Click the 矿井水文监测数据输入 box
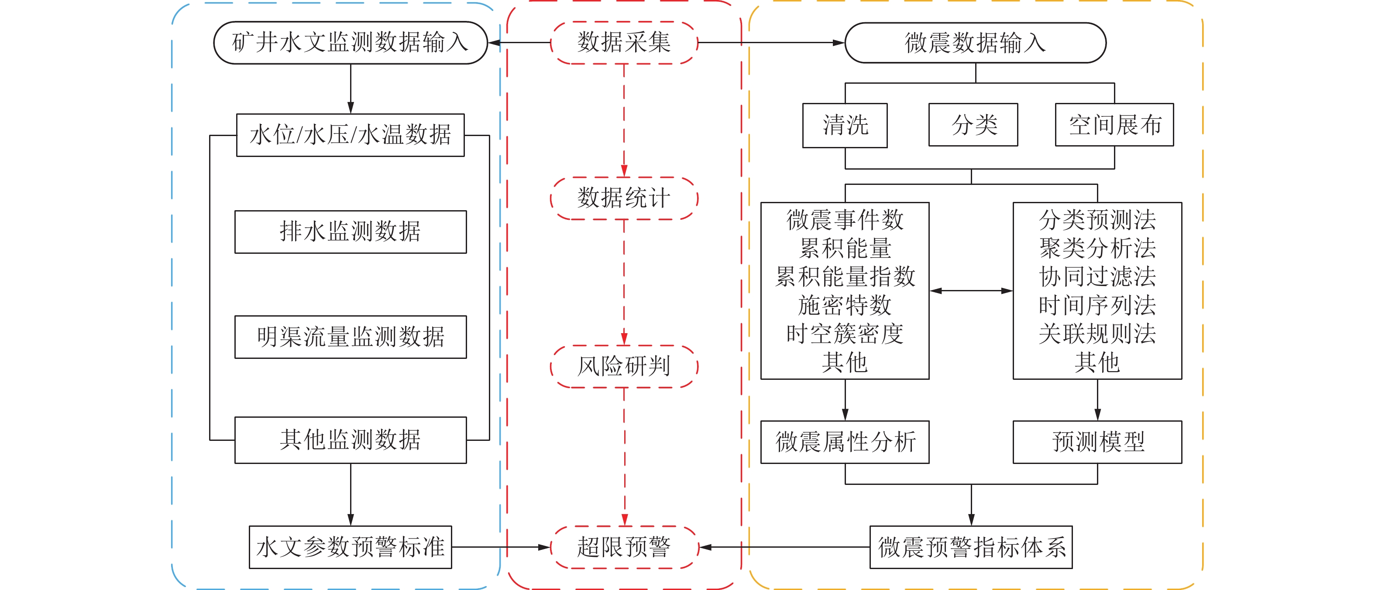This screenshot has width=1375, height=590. click(x=350, y=43)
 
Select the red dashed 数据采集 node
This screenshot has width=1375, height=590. click(x=623, y=43)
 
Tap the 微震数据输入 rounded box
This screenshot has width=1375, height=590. click(x=975, y=43)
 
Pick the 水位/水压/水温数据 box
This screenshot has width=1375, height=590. click(x=350, y=135)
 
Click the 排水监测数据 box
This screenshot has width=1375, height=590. click(x=350, y=232)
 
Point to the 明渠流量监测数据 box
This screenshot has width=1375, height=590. click(x=350, y=337)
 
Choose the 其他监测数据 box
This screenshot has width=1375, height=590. click(x=350, y=440)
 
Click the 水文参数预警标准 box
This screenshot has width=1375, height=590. click(x=350, y=547)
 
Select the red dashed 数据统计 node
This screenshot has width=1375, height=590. click(x=623, y=198)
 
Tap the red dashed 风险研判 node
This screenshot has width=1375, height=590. click(x=623, y=366)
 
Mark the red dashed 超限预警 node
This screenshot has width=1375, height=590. click(x=623, y=547)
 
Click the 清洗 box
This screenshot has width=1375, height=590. click(x=845, y=125)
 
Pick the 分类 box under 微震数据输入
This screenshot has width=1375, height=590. click(x=973, y=125)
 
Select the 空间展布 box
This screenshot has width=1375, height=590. click(x=1114, y=125)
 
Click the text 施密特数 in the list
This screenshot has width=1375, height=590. click(x=845, y=305)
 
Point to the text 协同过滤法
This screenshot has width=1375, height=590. click(x=1097, y=276)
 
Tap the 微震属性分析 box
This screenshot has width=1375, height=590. click(x=845, y=442)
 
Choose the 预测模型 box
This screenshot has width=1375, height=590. click(x=1097, y=442)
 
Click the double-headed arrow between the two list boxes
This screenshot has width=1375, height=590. click(x=971, y=291)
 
